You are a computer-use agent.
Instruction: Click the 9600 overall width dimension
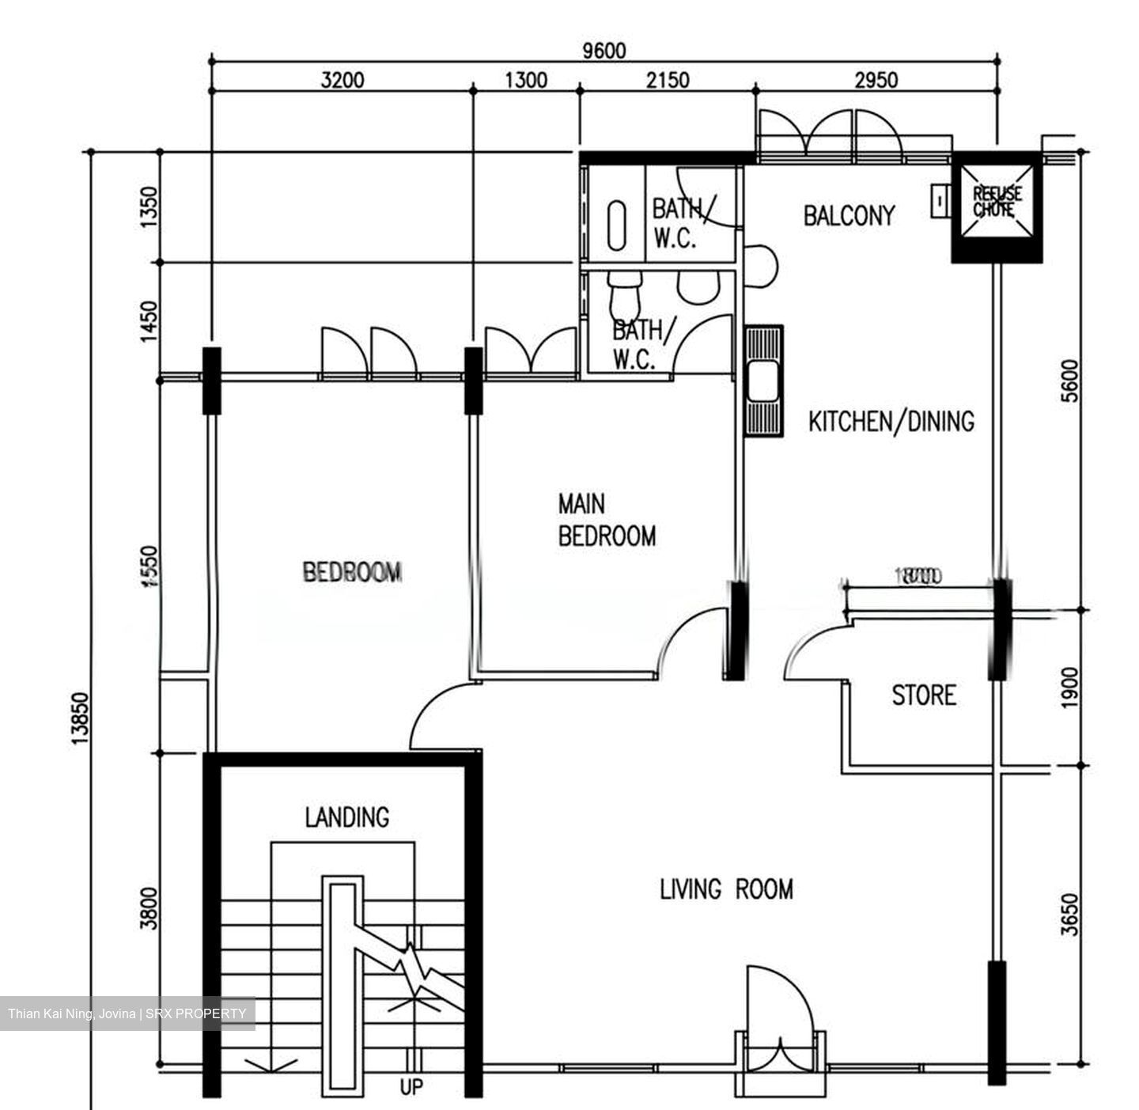click(604, 51)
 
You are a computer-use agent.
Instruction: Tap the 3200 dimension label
click(342, 80)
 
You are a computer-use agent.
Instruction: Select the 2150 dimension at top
click(667, 80)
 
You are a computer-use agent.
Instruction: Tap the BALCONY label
click(849, 215)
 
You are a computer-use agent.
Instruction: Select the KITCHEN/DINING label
click(891, 421)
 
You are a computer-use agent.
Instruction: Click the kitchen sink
click(763, 381)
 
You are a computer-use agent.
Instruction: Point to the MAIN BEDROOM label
click(606, 520)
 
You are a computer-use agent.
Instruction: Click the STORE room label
click(923, 695)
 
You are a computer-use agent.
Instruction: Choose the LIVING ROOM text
click(726, 889)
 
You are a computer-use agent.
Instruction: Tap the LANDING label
click(347, 816)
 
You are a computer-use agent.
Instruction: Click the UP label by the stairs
click(411, 1087)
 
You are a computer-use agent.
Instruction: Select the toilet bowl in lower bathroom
click(625, 294)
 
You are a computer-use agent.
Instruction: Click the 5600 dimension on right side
click(1069, 381)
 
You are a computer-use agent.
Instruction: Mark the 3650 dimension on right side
click(1069, 914)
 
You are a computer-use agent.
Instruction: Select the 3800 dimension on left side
click(149, 908)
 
